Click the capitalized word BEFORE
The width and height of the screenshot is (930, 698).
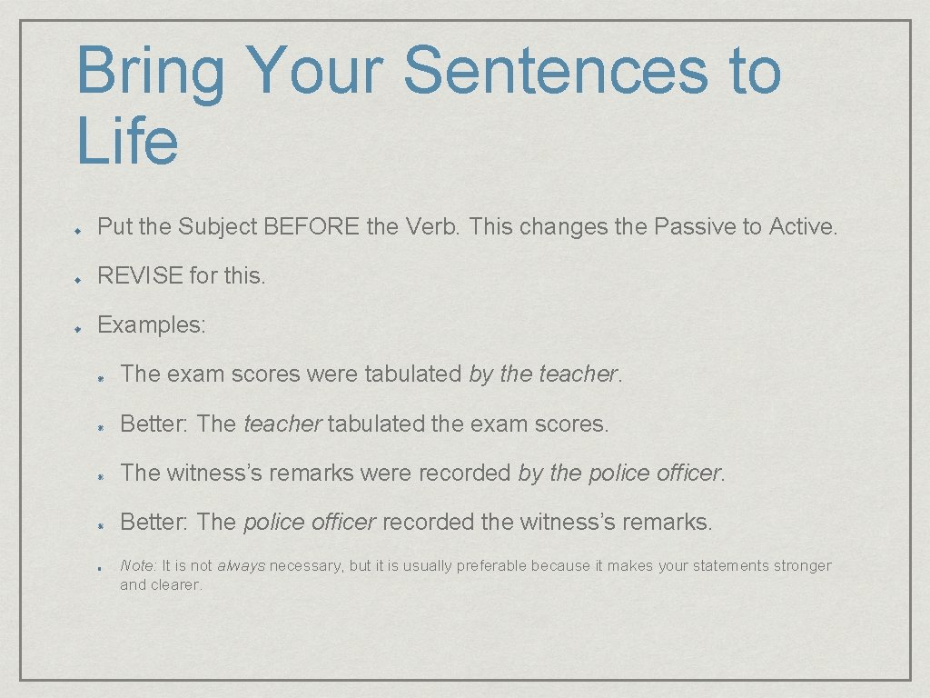312,226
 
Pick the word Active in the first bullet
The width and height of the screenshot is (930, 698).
802,226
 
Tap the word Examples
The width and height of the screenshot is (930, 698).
152,324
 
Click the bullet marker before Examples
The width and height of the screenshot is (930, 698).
80,326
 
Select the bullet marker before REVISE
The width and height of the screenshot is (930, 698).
80,277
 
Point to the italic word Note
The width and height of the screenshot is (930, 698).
138,565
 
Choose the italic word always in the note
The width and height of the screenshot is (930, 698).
241,565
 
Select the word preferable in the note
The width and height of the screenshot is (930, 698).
491,565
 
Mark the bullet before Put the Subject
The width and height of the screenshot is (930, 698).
80,228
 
